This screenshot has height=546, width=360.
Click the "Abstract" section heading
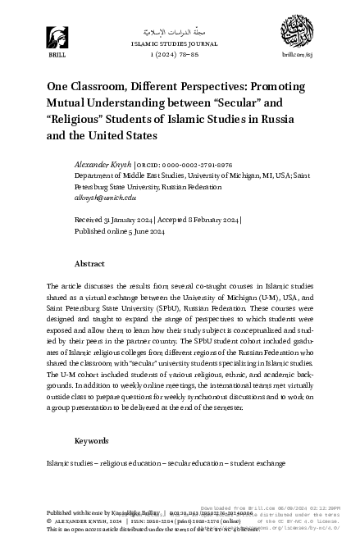[89, 264]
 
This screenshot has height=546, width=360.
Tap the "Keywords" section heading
[91, 440]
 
